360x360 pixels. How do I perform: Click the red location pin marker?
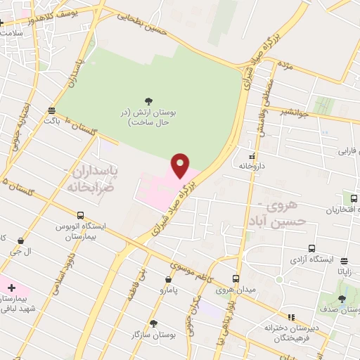point(181,165)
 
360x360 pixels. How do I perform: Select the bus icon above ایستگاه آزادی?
point(311,249)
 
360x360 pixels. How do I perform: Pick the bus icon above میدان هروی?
point(236,278)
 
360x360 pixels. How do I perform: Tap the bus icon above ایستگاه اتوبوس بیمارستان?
point(80,215)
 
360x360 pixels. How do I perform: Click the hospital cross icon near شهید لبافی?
point(11,287)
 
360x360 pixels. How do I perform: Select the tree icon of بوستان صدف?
point(342,299)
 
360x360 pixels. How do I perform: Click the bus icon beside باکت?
point(51,110)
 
